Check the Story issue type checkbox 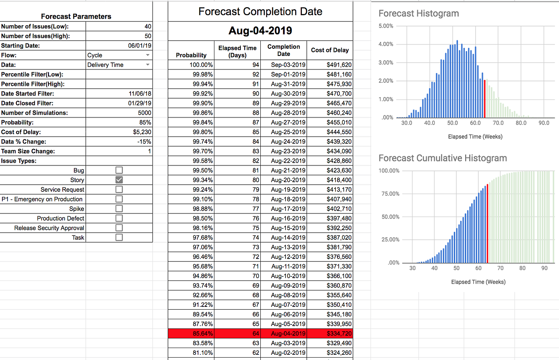tap(119, 180)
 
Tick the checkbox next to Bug tap(119, 170)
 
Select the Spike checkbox tap(119, 209)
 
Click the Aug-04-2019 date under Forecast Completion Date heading tap(260, 31)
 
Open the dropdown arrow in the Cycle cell tap(148, 55)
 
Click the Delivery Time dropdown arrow tap(148, 65)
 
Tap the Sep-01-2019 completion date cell tap(288, 74)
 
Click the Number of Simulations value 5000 tap(145, 113)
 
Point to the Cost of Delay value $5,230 tap(142, 132)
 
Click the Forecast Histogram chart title tap(418, 14)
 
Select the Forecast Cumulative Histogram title tap(442, 158)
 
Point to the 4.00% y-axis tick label tap(386, 44)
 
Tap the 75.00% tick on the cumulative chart tap(390, 194)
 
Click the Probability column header tap(191, 55)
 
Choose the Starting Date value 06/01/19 tap(139, 46)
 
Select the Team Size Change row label tap(28, 151)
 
